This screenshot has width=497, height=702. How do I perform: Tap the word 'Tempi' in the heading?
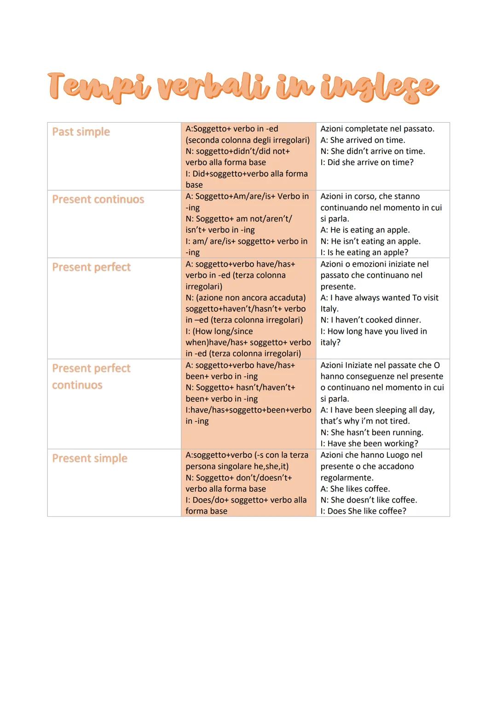(x=99, y=86)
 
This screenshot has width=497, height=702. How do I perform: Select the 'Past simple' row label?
(x=81, y=132)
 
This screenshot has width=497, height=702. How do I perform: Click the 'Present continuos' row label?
(x=98, y=200)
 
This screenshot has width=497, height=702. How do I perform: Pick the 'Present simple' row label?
(x=90, y=458)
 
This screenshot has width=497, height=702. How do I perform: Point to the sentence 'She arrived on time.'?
(x=367, y=140)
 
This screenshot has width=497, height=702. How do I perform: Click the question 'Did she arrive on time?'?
(x=370, y=162)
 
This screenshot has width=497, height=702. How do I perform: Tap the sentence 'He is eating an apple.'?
(x=370, y=230)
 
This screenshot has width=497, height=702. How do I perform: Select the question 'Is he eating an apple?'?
(x=368, y=252)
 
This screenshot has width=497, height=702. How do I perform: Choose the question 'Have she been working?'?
(x=373, y=444)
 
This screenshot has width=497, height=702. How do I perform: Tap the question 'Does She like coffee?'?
(x=367, y=511)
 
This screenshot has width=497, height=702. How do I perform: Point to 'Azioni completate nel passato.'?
(x=377, y=129)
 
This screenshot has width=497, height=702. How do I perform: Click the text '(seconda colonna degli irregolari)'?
(x=248, y=140)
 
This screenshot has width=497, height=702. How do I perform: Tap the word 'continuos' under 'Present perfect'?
(x=77, y=385)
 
